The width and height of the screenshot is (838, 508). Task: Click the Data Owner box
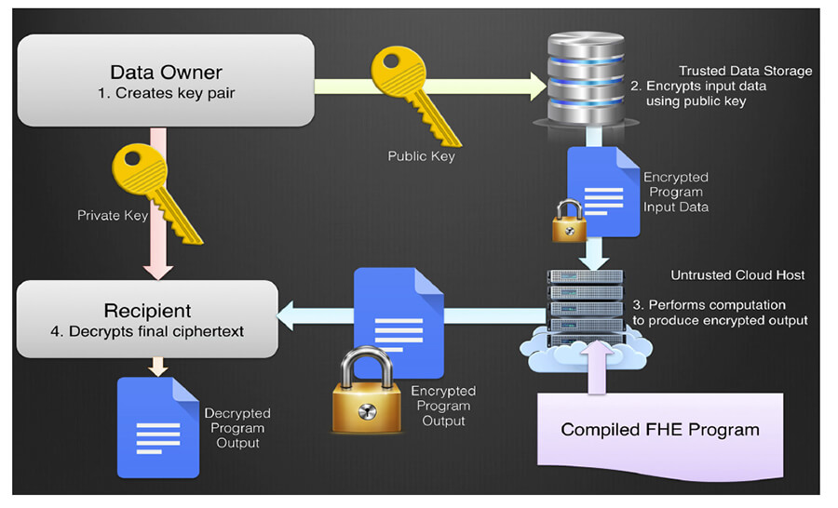[166, 81]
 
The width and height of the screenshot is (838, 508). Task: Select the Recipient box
[147, 319]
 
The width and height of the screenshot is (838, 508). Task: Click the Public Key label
[421, 156]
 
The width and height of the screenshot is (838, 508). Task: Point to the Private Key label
[113, 215]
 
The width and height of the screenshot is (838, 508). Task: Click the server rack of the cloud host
[586, 308]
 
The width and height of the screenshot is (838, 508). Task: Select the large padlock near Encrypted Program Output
[367, 391]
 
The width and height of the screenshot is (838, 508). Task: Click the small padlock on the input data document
[569, 221]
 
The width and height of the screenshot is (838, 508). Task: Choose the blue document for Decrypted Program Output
[158, 427]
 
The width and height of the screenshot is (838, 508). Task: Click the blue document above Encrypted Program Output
[399, 323]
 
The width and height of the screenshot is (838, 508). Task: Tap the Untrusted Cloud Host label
[737, 275]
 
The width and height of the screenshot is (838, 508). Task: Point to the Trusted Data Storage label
[745, 71]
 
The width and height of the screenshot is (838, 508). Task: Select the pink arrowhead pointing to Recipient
[158, 273]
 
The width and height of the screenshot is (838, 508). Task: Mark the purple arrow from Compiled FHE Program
[597, 368]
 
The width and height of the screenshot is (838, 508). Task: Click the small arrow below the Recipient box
[158, 367]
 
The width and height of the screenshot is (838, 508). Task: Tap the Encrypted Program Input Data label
[676, 193]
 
